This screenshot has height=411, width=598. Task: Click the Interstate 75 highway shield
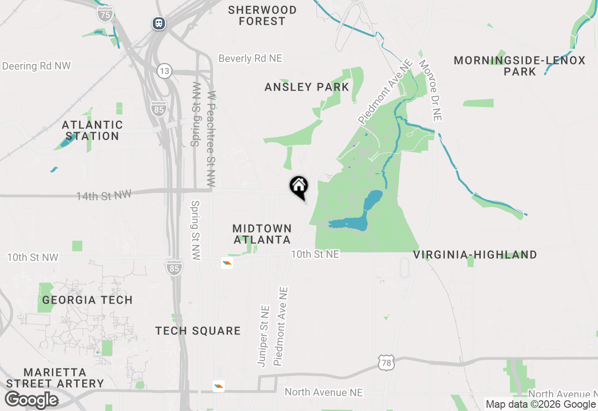click(x=105, y=14)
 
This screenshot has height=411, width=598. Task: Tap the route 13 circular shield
click(x=164, y=71)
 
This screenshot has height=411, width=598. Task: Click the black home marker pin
click(x=299, y=187)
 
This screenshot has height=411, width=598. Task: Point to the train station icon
click(x=159, y=23)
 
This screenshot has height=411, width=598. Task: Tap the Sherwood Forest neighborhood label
click(x=263, y=15)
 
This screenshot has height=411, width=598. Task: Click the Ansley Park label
click(x=306, y=87)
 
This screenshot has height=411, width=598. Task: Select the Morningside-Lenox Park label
click(x=520, y=66)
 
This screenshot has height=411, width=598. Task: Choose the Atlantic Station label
click(x=93, y=130)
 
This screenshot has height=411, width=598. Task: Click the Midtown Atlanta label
click(x=262, y=234)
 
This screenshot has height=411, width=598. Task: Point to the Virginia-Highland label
click(x=475, y=255)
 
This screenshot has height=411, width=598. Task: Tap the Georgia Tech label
click(x=87, y=300)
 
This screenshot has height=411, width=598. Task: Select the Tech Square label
click(x=198, y=331)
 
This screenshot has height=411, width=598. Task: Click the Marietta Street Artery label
click(x=55, y=378)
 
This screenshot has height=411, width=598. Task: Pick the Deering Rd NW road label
click(x=36, y=66)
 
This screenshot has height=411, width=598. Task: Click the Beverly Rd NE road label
click(x=250, y=58)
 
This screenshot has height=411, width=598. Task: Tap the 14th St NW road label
click(x=104, y=195)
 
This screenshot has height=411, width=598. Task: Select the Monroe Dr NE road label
click(x=430, y=90)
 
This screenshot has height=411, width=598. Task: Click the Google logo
click(x=32, y=400)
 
